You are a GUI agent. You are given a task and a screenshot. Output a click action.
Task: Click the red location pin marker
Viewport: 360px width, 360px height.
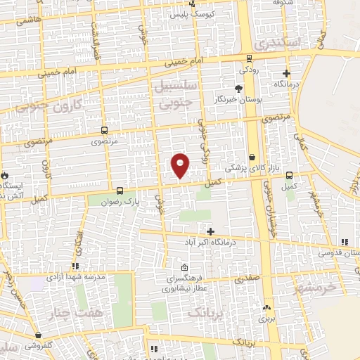(181, 165)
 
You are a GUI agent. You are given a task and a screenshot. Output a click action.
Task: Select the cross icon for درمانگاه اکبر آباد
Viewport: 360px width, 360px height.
(210, 231)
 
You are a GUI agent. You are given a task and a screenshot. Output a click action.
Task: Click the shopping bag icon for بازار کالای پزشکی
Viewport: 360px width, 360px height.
(252, 157)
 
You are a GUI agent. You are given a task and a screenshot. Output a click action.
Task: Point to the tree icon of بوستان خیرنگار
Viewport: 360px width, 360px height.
(238, 89)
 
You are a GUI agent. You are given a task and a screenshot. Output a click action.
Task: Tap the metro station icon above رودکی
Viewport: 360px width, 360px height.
(250, 59)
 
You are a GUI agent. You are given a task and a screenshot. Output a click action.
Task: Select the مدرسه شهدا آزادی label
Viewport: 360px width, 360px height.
(76, 277)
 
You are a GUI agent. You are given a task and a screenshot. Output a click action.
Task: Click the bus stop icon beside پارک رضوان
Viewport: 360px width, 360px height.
(119, 190)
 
